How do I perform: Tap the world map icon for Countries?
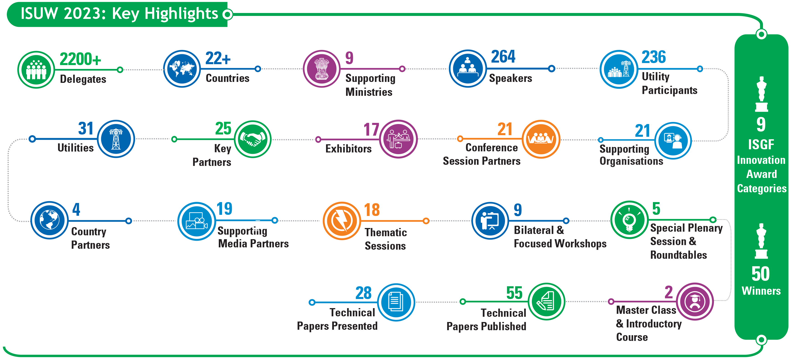pyautogui.click(x=182, y=69)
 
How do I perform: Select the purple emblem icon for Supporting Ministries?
pyautogui.click(x=322, y=69)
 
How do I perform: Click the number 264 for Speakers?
pyautogui.click(x=503, y=56)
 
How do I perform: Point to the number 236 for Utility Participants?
pyautogui.click(x=654, y=57)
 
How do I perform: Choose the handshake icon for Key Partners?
pyautogui.click(x=253, y=139)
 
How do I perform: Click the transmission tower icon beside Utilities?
pyautogui.click(x=116, y=139)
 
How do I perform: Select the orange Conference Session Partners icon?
pyautogui.click(x=541, y=139)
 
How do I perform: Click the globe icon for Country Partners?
pyautogui.click(x=49, y=220)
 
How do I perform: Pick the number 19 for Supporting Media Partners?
pyautogui.click(x=224, y=209)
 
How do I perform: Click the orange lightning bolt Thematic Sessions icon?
pyautogui.click(x=342, y=221)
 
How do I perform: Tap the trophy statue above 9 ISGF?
pyautogui.click(x=761, y=94)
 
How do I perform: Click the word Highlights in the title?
pyautogui.click(x=181, y=14)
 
